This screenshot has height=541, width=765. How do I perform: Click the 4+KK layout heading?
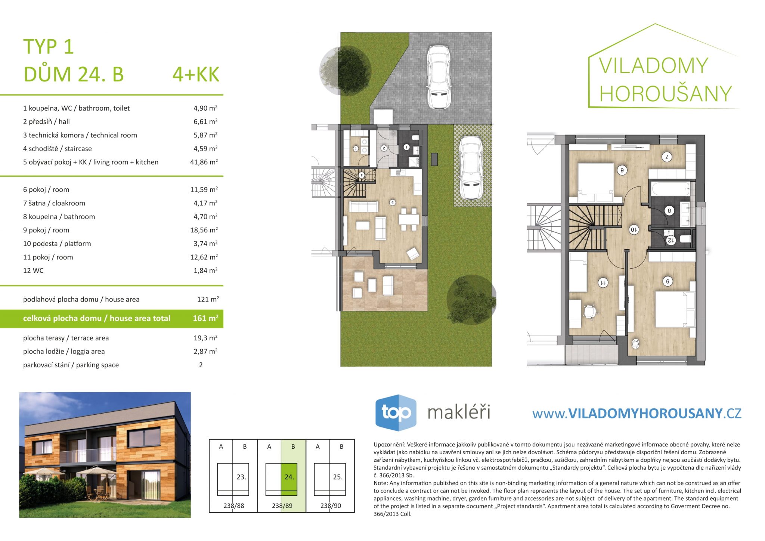[x=196, y=74]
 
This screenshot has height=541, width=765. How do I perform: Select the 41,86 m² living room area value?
[x=204, y=162]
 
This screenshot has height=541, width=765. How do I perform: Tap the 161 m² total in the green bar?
[x=205, y=318]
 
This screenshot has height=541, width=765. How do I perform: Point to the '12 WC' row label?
[x=33, y=270]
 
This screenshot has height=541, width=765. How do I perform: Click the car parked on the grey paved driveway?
[x=439, y=77]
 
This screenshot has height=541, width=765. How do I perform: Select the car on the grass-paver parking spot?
[x=470, y=168]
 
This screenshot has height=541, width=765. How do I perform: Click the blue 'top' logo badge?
[x=396, y=412]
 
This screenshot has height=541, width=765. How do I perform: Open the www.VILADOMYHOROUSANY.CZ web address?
[x=637, y=413]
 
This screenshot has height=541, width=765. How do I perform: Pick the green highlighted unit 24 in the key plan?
[x=289, y=479]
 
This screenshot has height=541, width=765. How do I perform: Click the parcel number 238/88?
[x=234, y=506]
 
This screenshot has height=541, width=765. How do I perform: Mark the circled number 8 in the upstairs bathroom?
[x=669, y=211]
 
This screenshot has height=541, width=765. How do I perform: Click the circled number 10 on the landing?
[x=634, y=229]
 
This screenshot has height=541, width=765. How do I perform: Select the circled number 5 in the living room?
[x=393, y=203]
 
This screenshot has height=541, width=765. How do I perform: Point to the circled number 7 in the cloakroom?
[x=667, y=157]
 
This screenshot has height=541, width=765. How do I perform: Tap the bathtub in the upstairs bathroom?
[x=671, y=189]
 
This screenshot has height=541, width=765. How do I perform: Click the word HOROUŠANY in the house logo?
[x=666, y=93]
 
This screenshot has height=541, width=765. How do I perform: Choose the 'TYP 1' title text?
[x=49, y=47]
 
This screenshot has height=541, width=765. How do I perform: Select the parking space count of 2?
[x=201, y=365]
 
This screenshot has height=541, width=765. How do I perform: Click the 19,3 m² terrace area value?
[x=205, y=338]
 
